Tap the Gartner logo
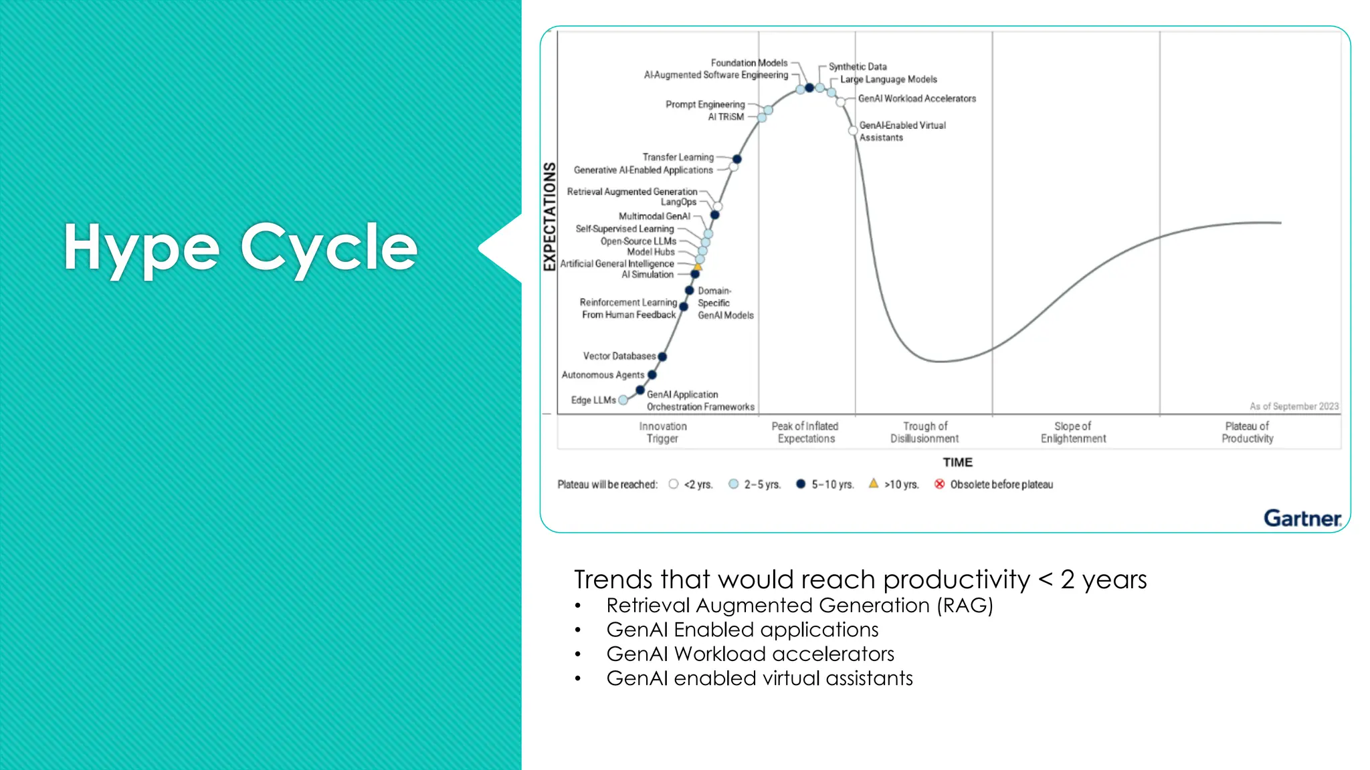1302,518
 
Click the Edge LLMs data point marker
623,400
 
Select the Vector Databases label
619,356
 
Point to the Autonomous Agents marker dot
652,375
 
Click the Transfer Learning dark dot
737,159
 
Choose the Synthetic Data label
858,67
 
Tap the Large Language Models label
888,79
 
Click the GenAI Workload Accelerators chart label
916,98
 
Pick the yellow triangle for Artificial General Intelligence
698,266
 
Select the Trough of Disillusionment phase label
924,432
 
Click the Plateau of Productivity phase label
1247,432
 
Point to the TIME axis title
957,462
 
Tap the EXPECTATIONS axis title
550,217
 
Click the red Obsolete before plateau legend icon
940,484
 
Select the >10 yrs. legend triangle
874,483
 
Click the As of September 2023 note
1294,406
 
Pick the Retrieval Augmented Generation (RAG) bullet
799,606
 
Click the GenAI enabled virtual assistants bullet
759,678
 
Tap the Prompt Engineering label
705,104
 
